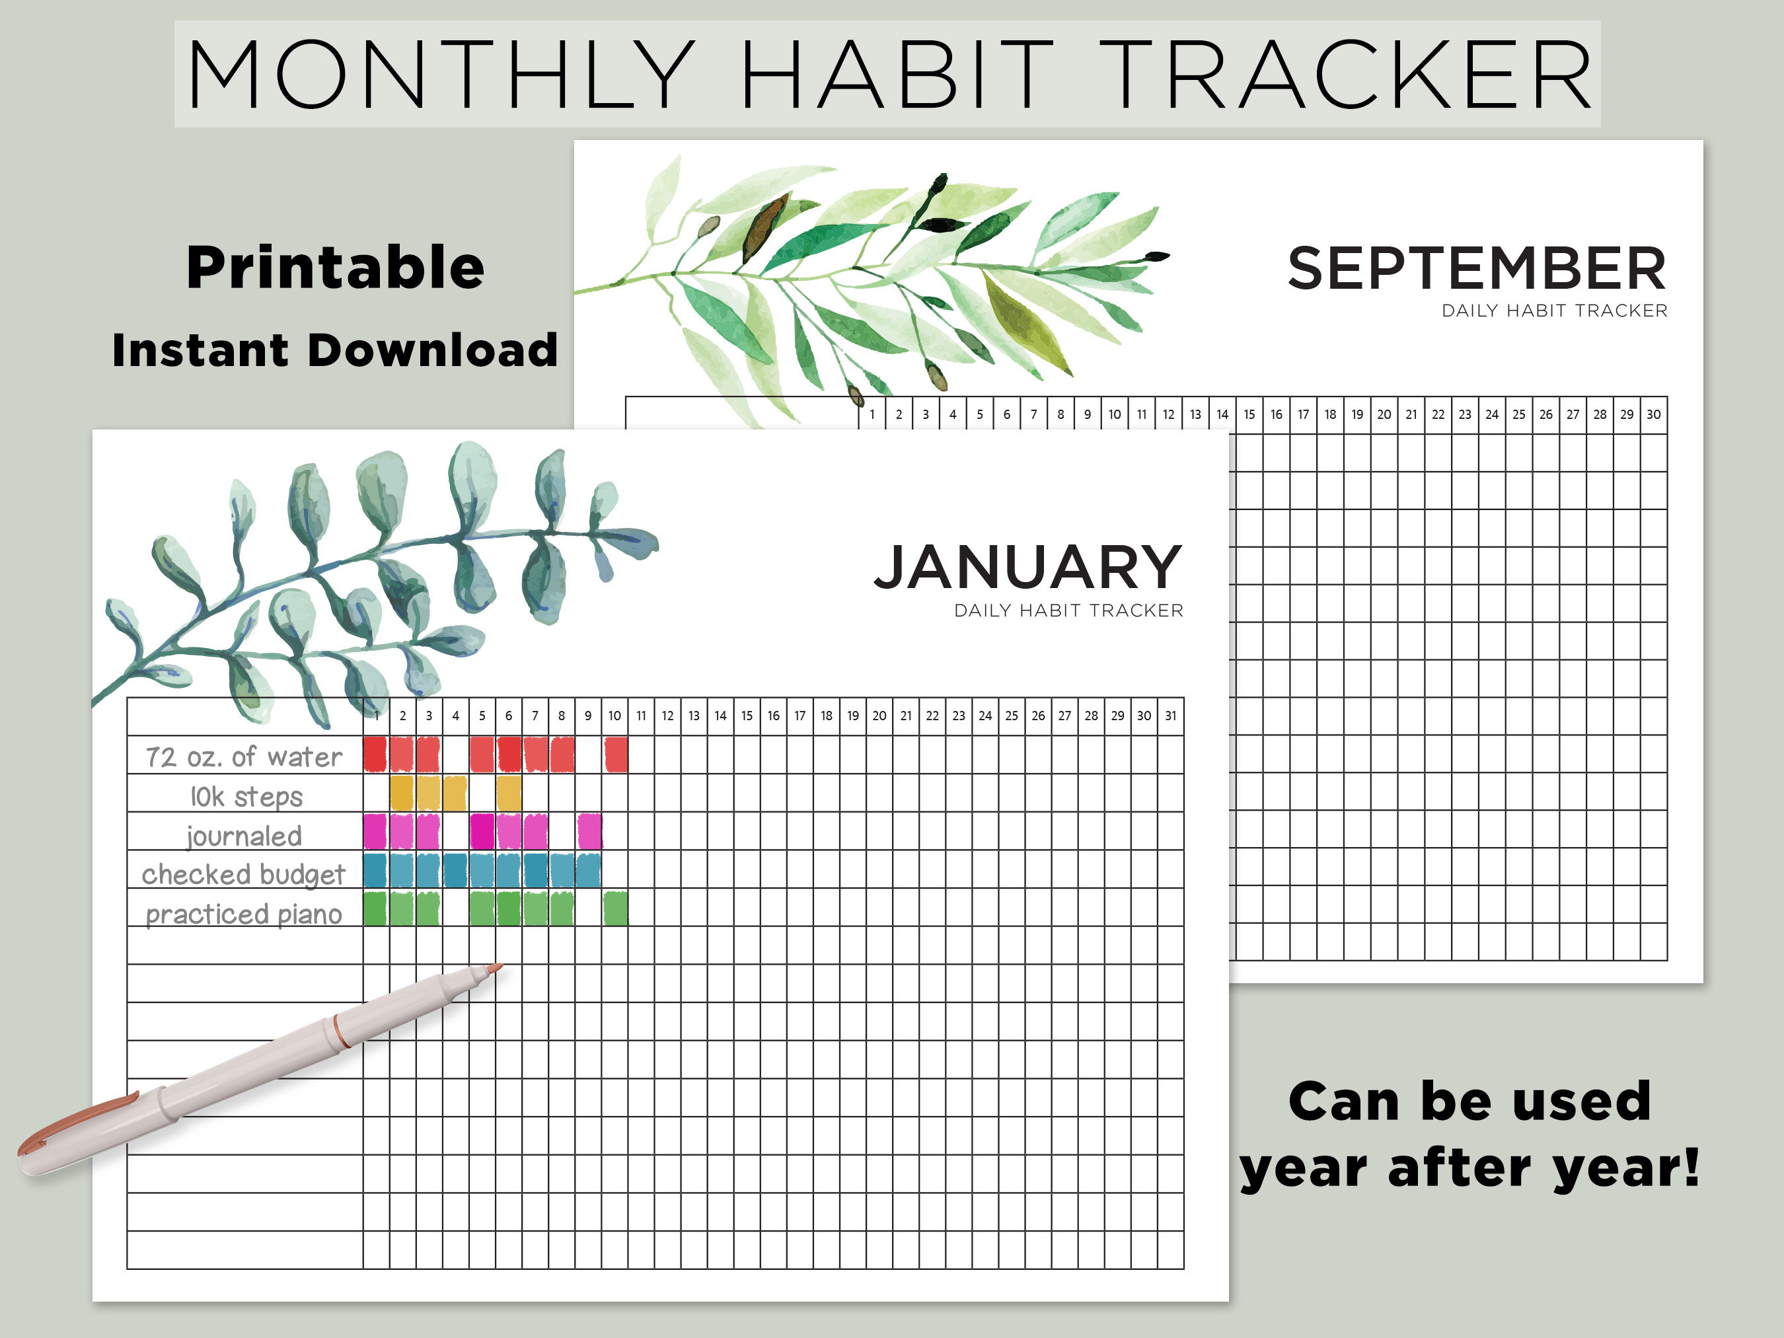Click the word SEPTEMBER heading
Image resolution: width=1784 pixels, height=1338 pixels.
1476,268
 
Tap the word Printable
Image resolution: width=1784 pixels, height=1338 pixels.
335,268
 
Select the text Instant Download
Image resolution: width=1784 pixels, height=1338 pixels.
335,350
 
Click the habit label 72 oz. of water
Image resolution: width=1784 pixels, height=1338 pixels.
244,757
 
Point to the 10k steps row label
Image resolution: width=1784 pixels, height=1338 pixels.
246,796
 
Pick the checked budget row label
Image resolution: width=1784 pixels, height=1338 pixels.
244,874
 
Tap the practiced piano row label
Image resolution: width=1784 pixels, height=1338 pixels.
244,914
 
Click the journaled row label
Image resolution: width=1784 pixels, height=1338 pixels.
244,836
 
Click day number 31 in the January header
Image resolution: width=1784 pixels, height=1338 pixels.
1170,716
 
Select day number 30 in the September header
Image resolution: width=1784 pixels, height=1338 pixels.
1653,414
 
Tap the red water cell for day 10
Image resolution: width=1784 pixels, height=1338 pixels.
615,755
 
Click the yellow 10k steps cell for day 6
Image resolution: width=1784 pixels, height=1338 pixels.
509,794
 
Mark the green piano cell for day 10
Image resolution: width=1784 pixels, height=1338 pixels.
615,909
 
